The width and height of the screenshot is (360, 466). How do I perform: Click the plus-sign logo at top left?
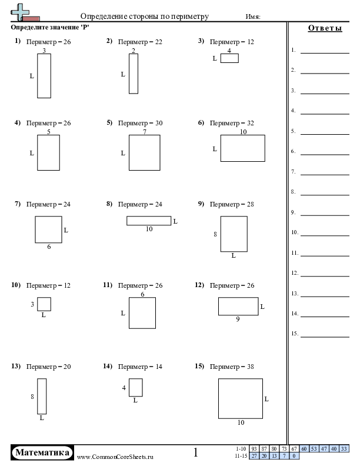[x=20, y=12]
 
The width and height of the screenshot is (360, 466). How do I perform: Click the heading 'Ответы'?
[x=325, y=28]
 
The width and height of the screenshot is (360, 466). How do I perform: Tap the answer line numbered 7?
[x=325, y=175]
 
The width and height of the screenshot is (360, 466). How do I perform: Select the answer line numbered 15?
[x=325, y=337]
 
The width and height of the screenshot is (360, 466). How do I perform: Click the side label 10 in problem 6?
[x=244, y=132]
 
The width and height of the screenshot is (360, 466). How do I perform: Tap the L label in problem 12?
[x=262, y=307]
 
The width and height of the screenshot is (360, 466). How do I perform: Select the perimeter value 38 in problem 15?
[x=251, y=367]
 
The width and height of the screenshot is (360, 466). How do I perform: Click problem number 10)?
[x=16, y=285]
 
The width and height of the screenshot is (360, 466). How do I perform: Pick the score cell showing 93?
[x=254, y=449]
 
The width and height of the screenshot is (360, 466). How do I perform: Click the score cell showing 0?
[x=294, y=456]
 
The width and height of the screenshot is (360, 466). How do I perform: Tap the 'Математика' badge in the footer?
[x=42, y=452]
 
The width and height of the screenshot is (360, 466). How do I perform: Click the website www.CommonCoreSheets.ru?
[x=115, y=457]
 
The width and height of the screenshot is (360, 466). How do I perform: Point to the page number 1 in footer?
[x=195, y=452]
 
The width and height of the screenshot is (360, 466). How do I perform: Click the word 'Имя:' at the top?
[x=253, y=16]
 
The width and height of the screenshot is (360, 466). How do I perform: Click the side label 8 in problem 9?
[x=215, y=234]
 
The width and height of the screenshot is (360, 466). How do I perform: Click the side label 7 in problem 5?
[x=145, y=132]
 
